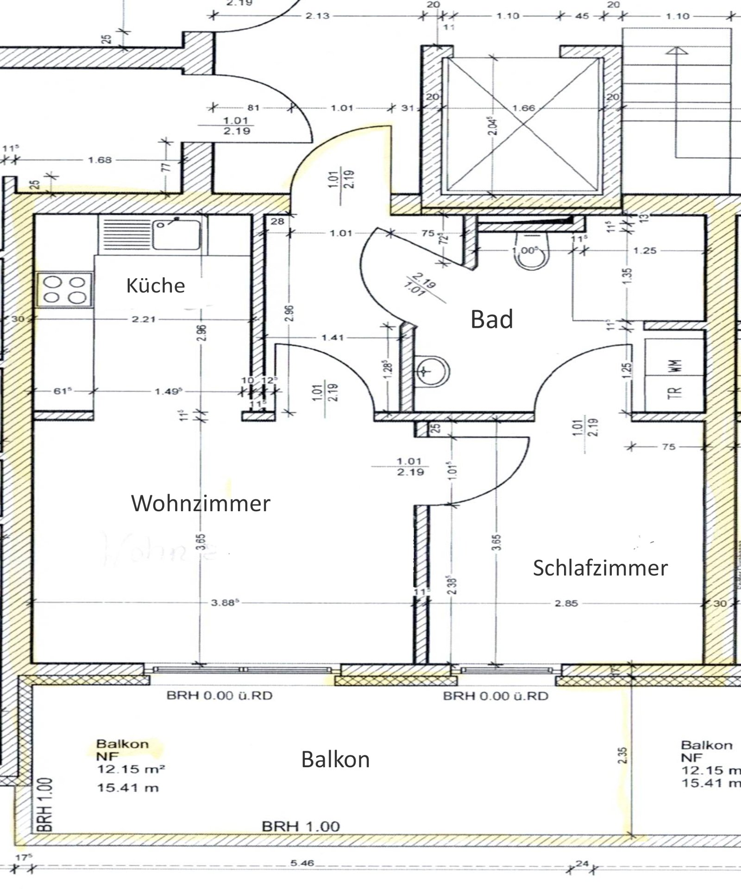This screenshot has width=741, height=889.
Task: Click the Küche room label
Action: [156, 286]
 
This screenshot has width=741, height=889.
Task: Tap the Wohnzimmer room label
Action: [201, 503]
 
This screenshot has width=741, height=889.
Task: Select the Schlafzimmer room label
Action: [600, 568]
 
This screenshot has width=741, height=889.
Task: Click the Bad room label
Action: [492, 319]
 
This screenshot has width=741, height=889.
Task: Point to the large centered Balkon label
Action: [335, 760]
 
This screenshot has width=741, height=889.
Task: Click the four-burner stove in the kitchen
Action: [64, 290]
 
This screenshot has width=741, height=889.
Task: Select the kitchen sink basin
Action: [179, 234]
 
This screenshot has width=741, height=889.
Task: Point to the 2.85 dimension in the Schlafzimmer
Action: [566, 603]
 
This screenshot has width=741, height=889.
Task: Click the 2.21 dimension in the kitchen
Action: [144, 319]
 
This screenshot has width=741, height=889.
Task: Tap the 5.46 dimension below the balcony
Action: [302, 863]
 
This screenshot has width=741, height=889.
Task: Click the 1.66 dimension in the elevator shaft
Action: [524, 108]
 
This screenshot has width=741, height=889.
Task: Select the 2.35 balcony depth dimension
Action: [624, 756]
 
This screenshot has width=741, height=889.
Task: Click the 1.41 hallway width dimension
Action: [333, 338]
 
